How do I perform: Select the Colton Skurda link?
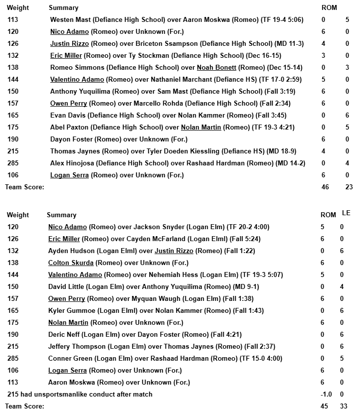pyautogui.click(x=67, y=263)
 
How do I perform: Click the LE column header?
pyautogui.click(x=346, y=213)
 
